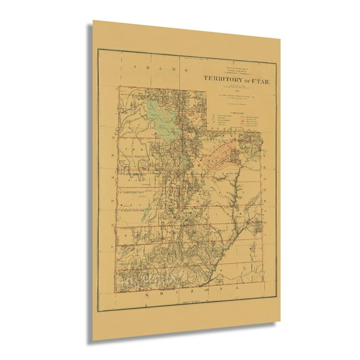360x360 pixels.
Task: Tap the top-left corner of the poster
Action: click(93, 20)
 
